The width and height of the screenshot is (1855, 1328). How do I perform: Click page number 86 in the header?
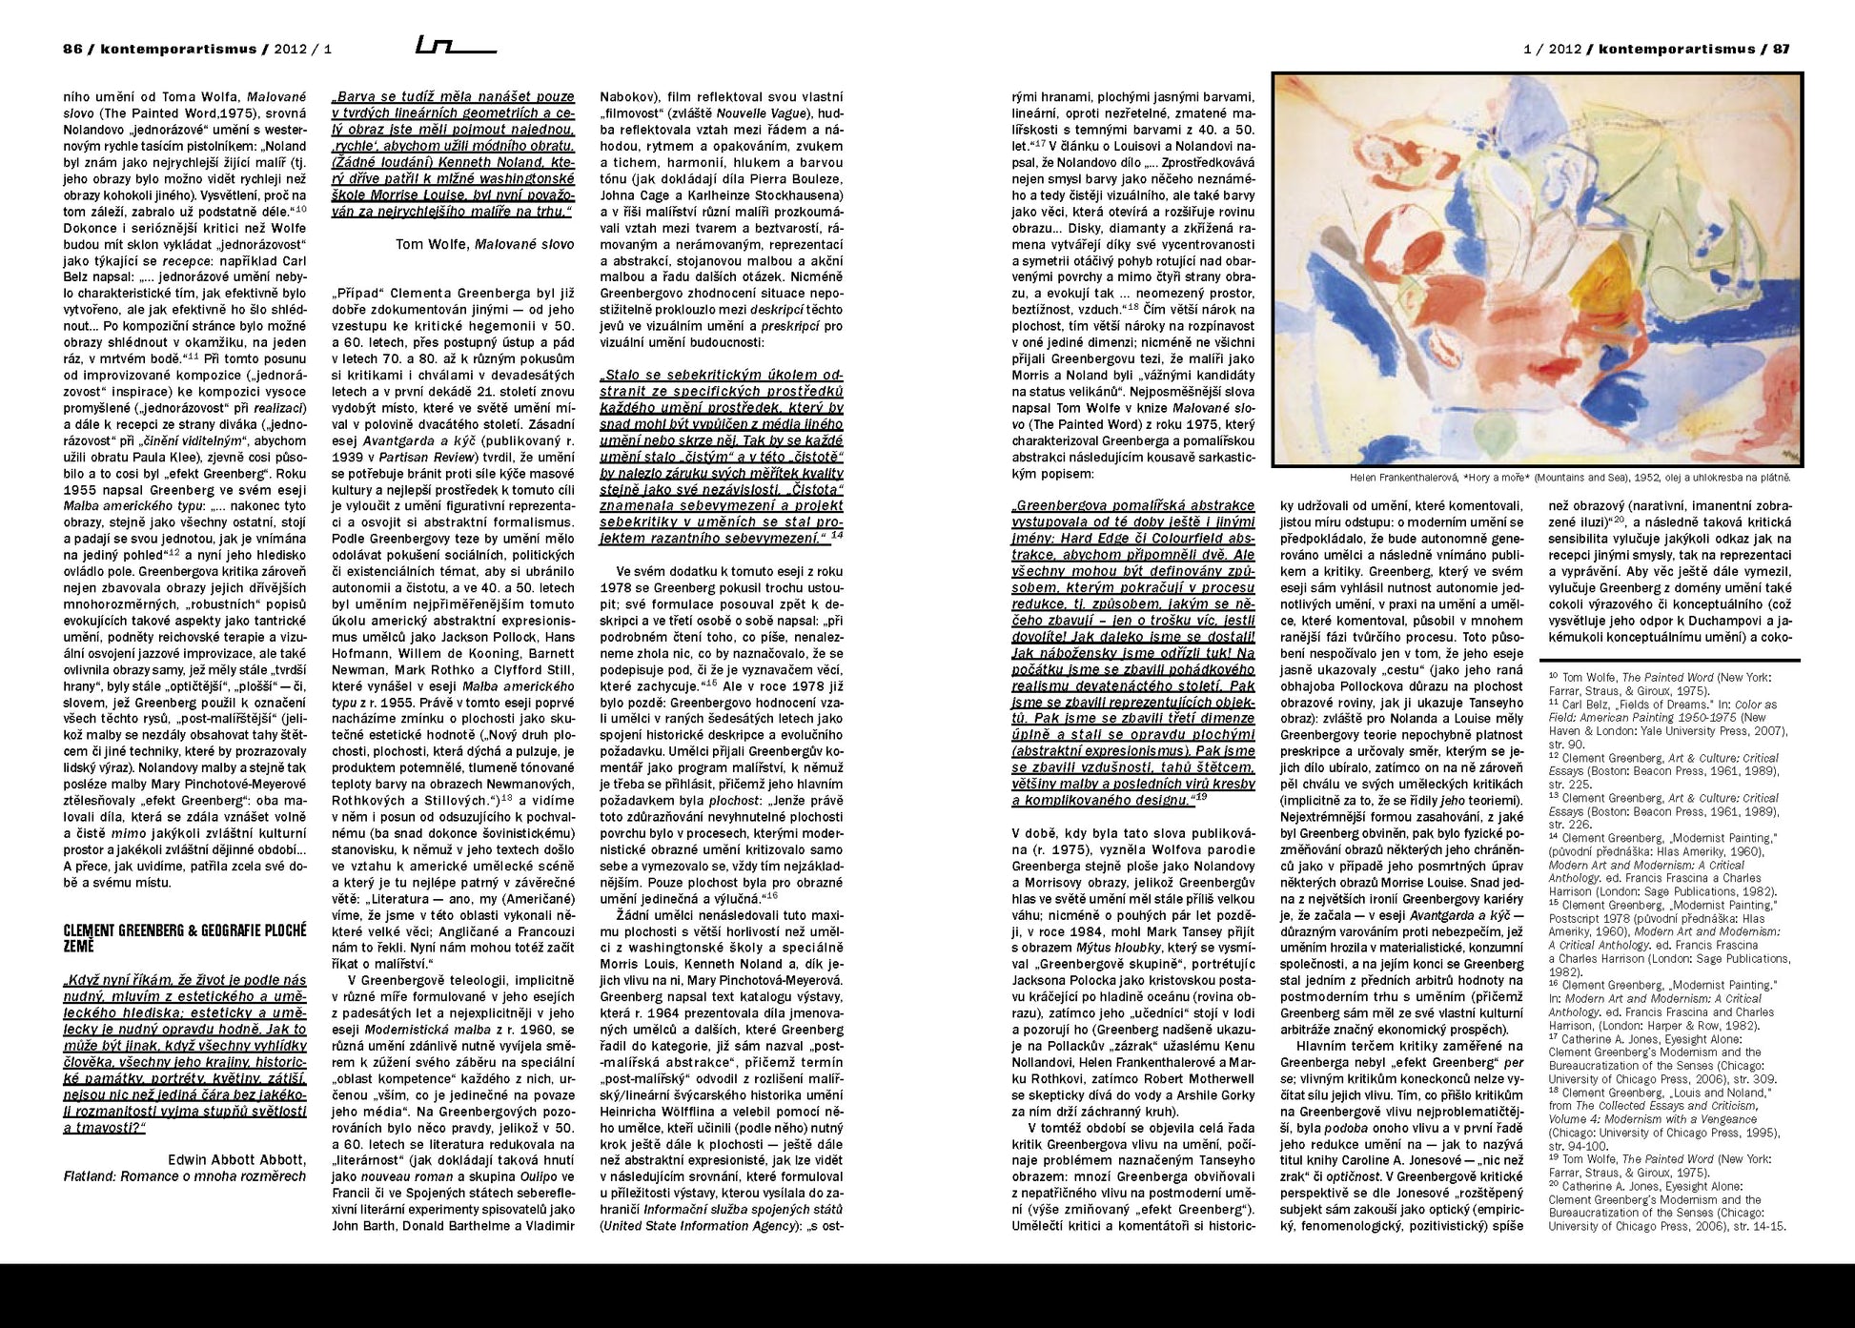72,50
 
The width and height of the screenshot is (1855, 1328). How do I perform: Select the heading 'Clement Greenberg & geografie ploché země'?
184,938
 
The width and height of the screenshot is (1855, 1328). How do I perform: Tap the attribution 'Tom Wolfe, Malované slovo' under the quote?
484,244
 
